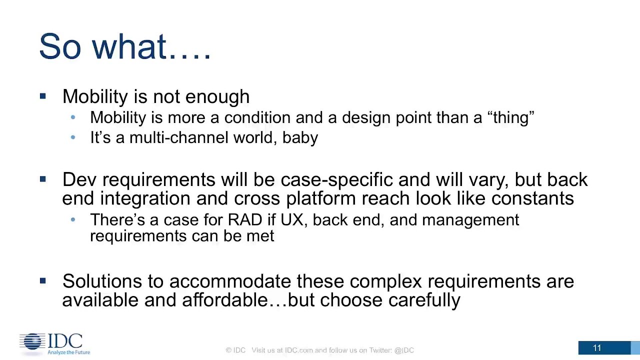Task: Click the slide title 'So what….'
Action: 125,46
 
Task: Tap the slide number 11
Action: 597,348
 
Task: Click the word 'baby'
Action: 300,138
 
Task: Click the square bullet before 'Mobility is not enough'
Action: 43,96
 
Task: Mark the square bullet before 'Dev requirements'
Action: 43,179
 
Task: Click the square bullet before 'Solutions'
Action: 43,281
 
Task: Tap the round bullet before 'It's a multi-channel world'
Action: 73,137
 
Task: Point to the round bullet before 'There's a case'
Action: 73,219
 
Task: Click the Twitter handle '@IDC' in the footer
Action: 404,350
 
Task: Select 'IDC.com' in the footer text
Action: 298,350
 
